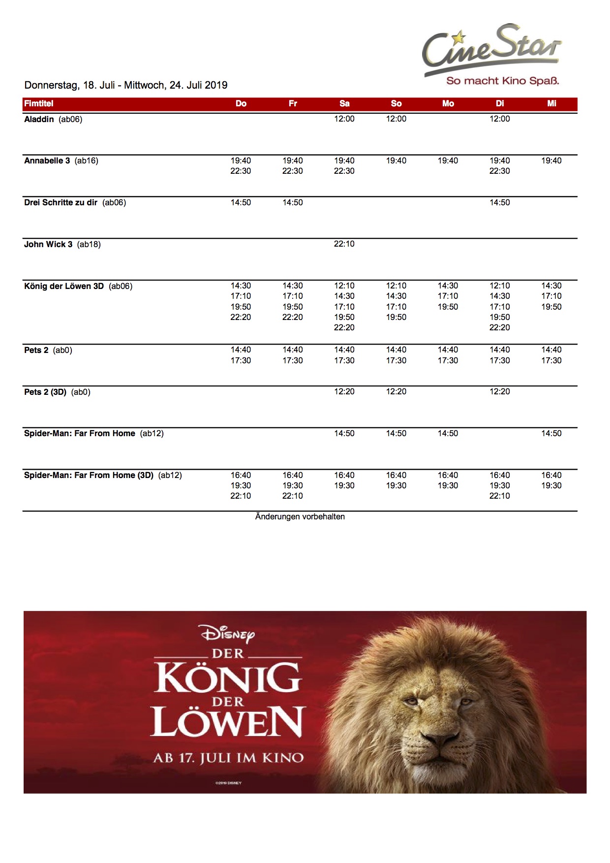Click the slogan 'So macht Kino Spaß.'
click(502, 81)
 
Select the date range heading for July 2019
click(126, 85)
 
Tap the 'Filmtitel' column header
click(39, 103)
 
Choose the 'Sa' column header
click(344, 103)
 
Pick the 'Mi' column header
click(551, 103)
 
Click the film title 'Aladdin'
click(39, 119)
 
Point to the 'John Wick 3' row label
click(48, 244)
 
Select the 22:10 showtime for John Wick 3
click(344, 244)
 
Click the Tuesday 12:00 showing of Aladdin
click(499, 119)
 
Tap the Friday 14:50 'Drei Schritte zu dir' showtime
click(292, 202)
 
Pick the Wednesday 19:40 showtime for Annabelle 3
click(551, 160)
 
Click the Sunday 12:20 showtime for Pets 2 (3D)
click(396, 391)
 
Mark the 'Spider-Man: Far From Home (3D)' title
click(89, 475)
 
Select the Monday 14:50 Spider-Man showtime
click(448, 433)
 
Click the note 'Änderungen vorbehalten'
click(300, 516)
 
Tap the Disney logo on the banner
click(227, 634)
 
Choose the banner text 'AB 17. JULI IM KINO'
click(228, 758)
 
